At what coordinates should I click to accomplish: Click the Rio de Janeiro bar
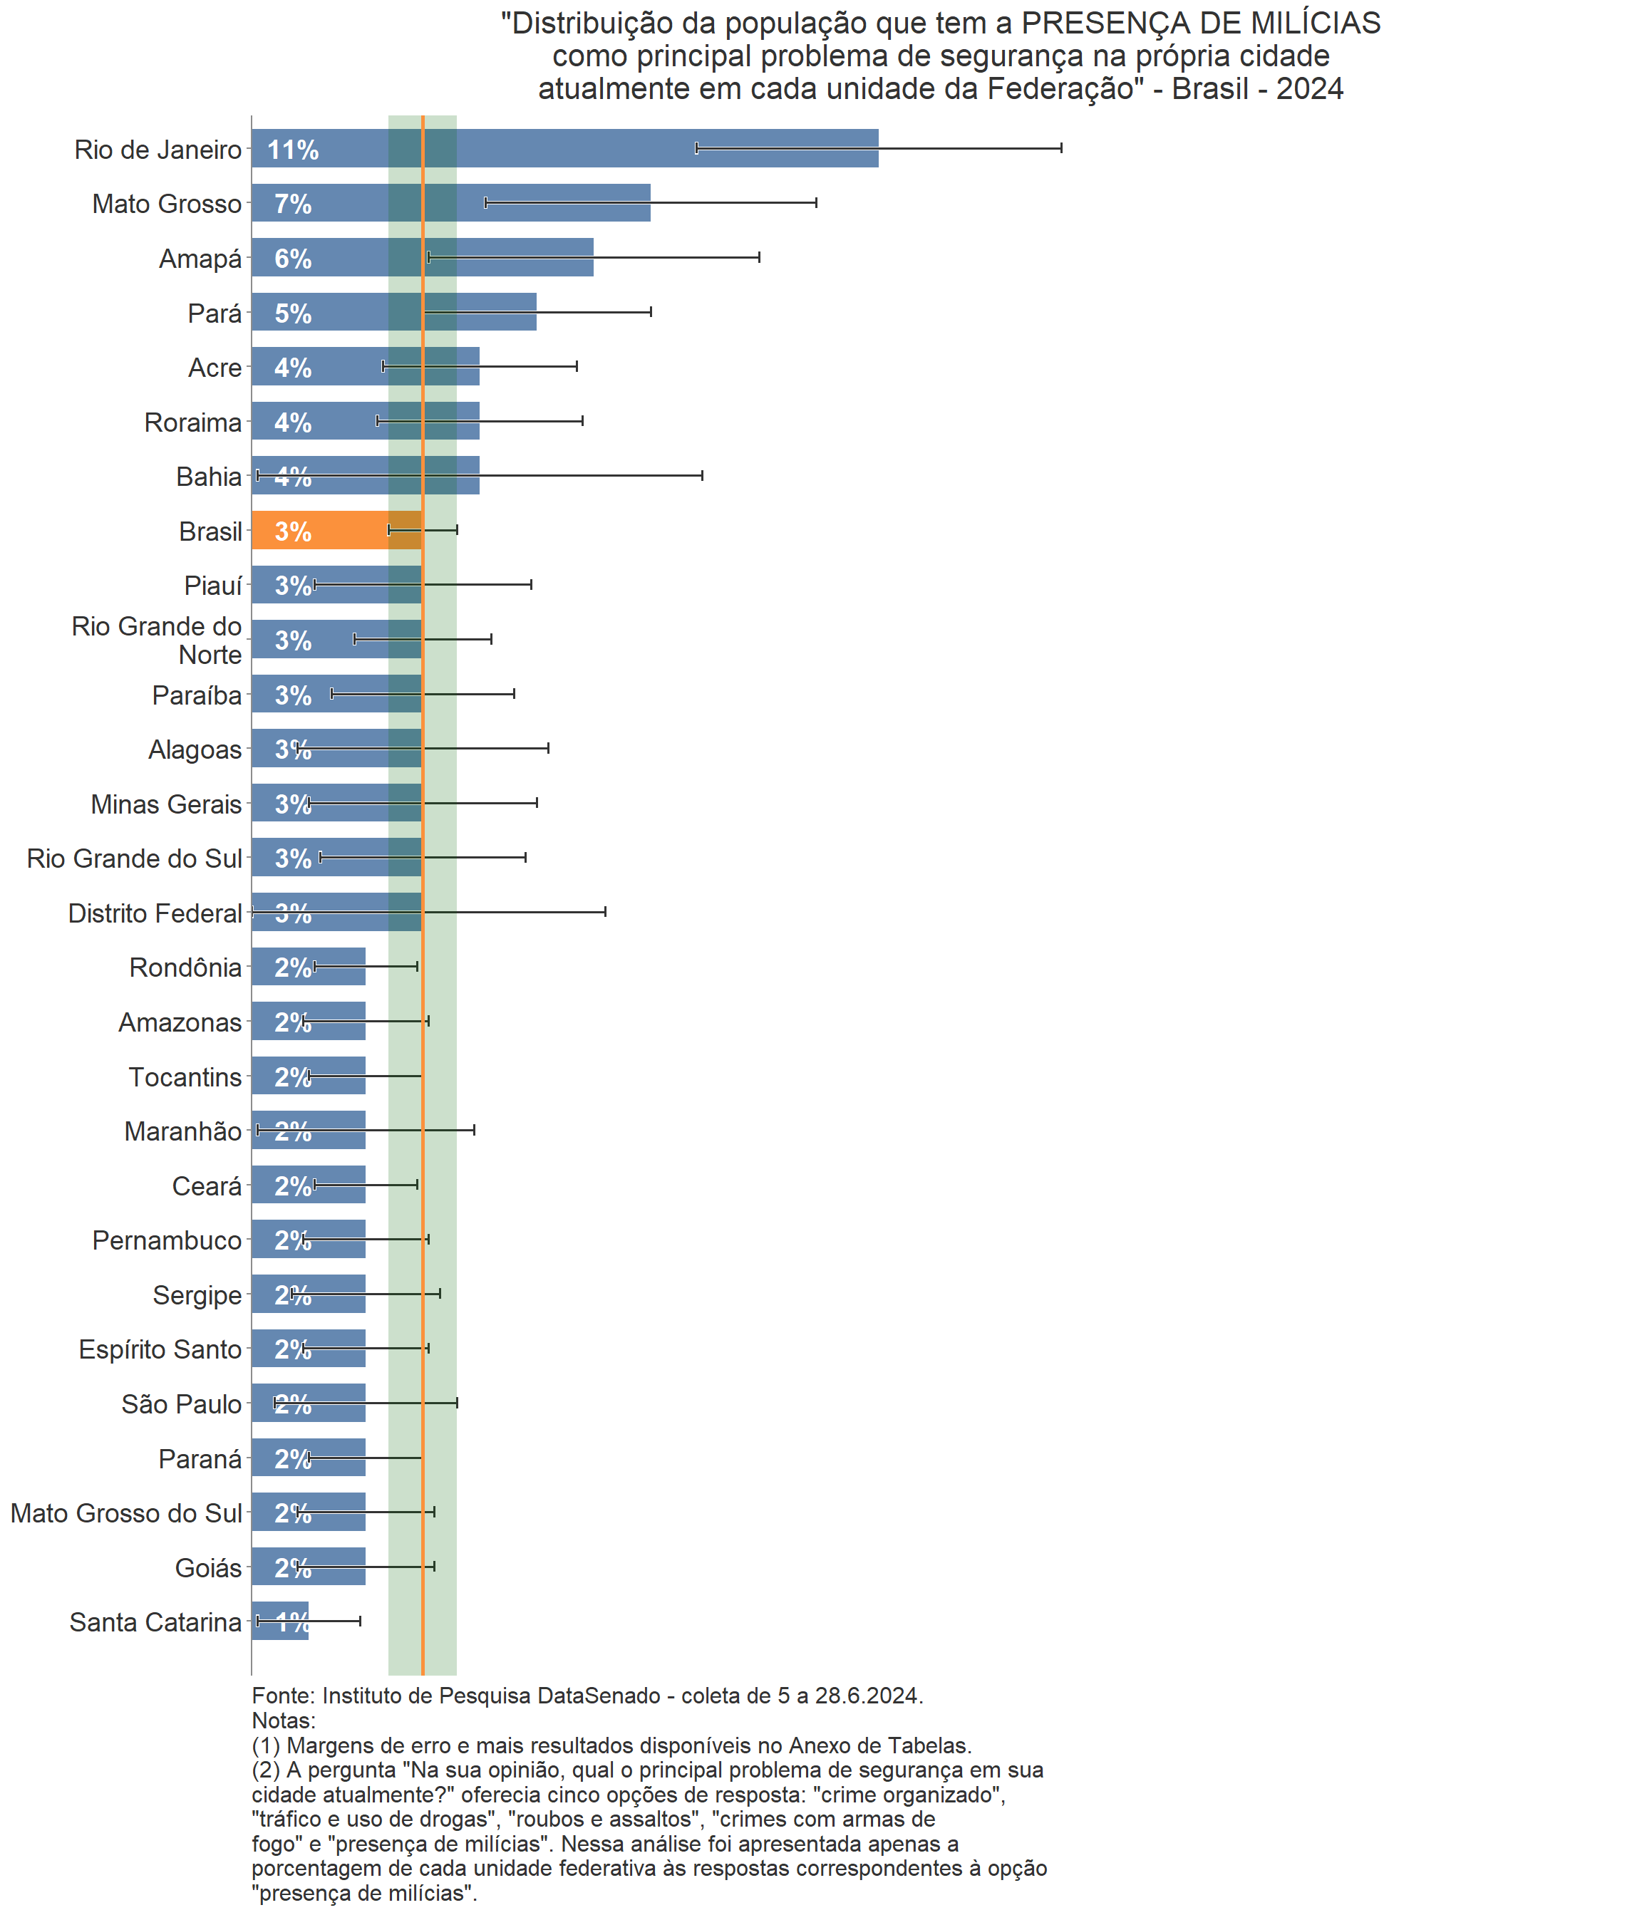(564, 148)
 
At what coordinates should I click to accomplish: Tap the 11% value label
(293, 150)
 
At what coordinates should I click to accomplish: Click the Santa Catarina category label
(155, 1622)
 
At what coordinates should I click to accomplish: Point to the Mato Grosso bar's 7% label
(293, 204)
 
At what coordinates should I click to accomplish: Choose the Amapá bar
(422, 257)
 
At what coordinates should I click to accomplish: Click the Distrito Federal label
(155, 913)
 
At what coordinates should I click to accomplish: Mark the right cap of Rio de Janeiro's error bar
(1061, 148)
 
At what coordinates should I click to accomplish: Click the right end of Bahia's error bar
(703, 475)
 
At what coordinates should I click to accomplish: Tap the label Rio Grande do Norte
(158, 640)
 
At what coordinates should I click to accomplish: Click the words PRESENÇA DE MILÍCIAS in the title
(1201, 23)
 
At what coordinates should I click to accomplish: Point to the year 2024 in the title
(1310, 89)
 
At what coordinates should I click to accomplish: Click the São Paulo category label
(181, 1404)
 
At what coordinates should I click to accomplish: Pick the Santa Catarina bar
(279, 1621)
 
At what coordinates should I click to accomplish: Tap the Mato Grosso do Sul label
(127, 1513)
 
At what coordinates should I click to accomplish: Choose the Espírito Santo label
(160, 1349)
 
